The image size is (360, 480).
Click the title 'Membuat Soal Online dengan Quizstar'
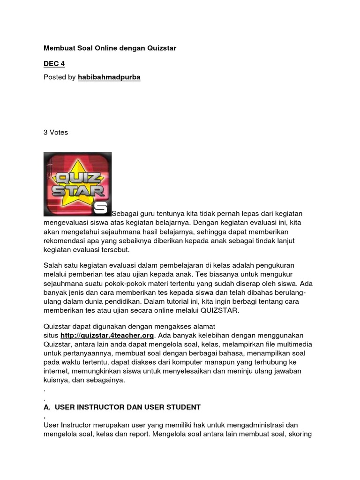[x=110, y=48]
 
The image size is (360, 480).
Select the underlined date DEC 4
[x=54, y=63]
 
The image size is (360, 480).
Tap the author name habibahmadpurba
[x=109, y=77]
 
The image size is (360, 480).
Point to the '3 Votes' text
[x=56, y=132]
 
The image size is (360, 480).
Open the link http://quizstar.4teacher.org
[x=107, y=336]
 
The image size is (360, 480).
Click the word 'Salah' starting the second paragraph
[x=52, y=266]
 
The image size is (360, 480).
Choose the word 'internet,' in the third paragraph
[x=56, y=371]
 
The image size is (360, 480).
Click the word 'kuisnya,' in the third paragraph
[x=57, y=380]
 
